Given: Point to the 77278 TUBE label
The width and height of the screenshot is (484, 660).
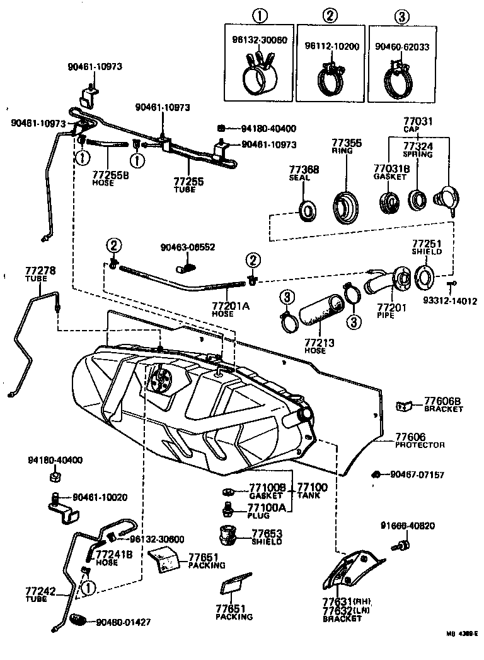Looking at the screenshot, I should pyautogui.click(x=40, y=274).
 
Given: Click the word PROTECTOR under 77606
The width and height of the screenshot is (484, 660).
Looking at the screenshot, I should pyautogui.click(x=420, y=445).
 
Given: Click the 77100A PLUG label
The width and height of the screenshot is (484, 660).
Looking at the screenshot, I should pyautogui.click(x=266, y=510).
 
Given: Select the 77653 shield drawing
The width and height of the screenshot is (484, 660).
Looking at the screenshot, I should pyautogui.click(x=228, y=536).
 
